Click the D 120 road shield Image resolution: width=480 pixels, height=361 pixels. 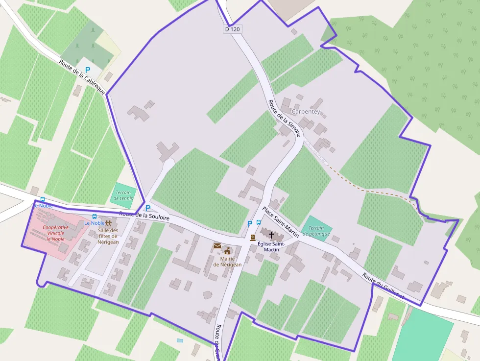click(232, 29)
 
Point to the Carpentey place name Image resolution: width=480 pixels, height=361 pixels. click(306, 112)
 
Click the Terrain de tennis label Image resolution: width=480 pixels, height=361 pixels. click(123, 195)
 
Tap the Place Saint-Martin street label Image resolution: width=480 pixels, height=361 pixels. click(280, 221)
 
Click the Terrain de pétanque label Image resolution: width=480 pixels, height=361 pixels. click(316, 231)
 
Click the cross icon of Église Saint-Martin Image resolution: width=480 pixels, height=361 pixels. click(271, 235)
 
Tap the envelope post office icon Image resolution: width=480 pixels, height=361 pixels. click(217, 246)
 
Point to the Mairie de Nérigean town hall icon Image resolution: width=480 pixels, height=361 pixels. click(227, 251)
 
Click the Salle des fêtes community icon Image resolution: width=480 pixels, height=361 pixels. click(108, 223)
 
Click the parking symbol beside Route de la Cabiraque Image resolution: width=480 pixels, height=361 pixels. click(88, 70)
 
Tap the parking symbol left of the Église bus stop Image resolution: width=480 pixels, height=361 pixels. click(249, 223)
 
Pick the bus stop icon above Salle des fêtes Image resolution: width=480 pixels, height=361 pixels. click(95, 217)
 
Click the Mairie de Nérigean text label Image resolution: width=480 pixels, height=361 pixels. click(227, 262)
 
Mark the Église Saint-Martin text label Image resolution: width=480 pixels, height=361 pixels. click(271, 246)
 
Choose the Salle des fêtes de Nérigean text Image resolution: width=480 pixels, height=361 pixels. click(108, 236)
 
